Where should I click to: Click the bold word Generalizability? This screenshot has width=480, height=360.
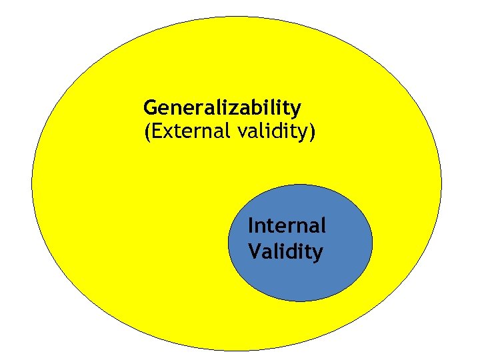[222, 108]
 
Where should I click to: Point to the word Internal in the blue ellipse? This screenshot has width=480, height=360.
[287, 226]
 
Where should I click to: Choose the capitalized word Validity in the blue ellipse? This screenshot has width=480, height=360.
[285, 252]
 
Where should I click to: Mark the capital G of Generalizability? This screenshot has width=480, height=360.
[150, 107]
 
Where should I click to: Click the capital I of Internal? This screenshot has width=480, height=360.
[250, 226]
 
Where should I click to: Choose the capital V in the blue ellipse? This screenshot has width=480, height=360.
[253, 252]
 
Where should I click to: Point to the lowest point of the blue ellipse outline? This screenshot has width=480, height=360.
[300, 301]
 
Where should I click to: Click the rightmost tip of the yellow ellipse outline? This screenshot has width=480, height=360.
[441, 183]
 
